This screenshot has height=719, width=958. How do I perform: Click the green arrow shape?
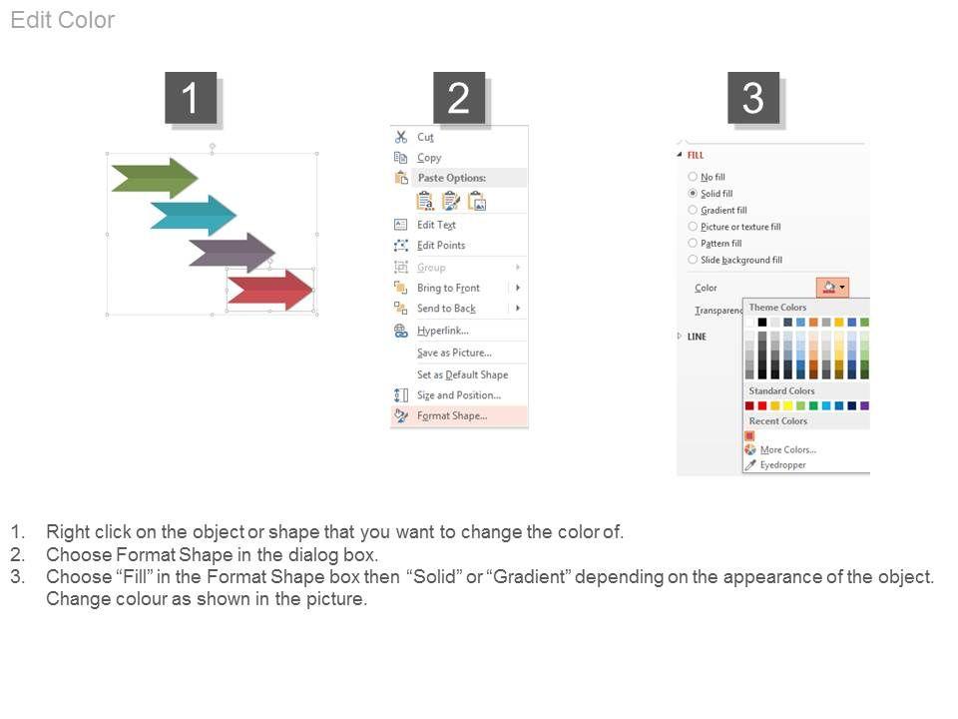[x=155, y=179]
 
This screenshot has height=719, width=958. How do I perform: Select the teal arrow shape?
[x=193, y=216]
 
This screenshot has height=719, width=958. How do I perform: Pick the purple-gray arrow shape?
[x=233, y=252]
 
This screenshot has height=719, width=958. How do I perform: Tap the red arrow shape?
[x=270, y=290]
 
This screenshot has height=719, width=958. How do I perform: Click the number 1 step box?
[x=191, y=98]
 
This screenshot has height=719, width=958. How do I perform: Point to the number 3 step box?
[x=753, y=98]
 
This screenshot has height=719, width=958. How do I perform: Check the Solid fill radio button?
[x=693, y=193]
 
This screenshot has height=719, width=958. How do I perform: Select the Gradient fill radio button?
[x=693, y=210]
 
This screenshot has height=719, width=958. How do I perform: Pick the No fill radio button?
[x=693, y=177]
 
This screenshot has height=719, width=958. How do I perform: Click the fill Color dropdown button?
[x=832, y=288]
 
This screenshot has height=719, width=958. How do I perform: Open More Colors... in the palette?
[x=788, y=449]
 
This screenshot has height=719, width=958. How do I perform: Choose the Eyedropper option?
[x=782, y=464]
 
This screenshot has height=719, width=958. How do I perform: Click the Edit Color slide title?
[x=62, y=20]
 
